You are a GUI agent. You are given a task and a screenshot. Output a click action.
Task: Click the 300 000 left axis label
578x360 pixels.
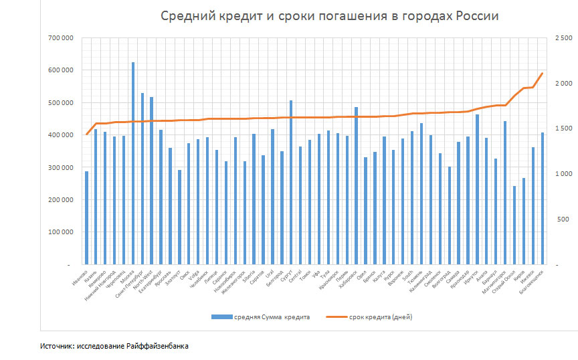60,167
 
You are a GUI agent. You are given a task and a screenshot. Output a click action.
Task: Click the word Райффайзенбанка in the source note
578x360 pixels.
161,347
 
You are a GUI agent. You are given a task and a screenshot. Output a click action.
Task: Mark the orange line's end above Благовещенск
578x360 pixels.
542,74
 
